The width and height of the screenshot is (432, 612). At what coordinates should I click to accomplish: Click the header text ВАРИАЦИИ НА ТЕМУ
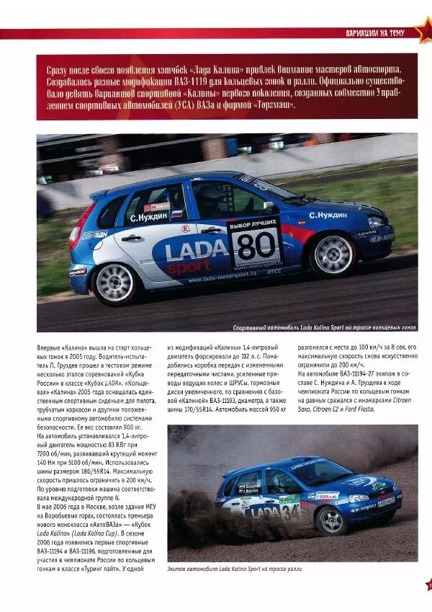[x=375, y=32]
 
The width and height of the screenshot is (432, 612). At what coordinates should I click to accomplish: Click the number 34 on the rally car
[x=292, y=513]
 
